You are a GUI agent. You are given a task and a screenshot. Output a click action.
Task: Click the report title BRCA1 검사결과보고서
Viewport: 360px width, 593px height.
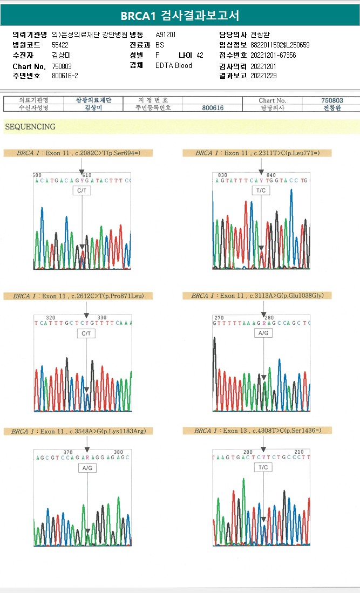coord(180,15)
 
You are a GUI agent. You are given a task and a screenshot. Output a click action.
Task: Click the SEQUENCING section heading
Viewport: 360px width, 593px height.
coord(30,127)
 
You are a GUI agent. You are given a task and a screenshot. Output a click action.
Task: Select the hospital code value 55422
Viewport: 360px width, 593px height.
coord(60,45)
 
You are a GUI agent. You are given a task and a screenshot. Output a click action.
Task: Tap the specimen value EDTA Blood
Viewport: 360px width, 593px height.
coord(174,66)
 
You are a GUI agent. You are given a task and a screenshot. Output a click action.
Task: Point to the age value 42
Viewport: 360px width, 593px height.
coord(200,55)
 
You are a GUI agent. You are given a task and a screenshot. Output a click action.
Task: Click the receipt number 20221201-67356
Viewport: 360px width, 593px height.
coord(273,55)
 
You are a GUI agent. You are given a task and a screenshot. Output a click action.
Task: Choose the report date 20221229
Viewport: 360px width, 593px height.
coord(263,76)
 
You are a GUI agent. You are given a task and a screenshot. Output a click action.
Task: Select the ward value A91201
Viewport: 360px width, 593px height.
coord(166,35)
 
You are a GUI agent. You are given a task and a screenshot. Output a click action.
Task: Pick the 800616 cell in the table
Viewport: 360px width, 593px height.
coord(214,108)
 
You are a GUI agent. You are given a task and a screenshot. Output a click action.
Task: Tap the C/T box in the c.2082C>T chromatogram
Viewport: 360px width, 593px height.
coord(82,190)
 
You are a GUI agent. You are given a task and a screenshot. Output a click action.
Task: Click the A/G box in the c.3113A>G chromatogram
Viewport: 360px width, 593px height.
coord(263,333)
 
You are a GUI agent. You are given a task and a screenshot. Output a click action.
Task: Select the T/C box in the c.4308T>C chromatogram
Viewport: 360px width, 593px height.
coord(263,467)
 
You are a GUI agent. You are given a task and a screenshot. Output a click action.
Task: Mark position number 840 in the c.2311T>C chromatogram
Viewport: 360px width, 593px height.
coord(271,175)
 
